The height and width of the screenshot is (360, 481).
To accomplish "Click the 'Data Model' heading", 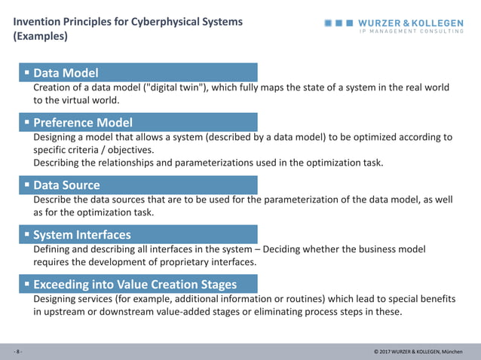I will pyautogui.click(x=66, y=73).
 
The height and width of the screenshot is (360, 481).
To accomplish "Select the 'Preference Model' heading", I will pyautogui.click(x=83, y=123).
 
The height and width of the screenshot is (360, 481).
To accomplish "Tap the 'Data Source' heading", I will pyautogui.click(x=66, y=185).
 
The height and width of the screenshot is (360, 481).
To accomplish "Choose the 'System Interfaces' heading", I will pyautogui.click(x=82, y=235).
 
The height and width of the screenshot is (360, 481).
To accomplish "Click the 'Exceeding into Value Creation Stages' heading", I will pyautogui.click(x=135, y=285).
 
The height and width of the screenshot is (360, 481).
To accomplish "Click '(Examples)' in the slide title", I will pyautogui.click(x=40, y=36).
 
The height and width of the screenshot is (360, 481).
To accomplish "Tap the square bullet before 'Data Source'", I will pyautogui.click(x=26, y=185).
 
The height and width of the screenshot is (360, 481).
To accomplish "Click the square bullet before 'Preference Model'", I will pyautogui.click(x=26, y=121).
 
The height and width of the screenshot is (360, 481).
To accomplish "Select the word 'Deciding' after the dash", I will pyautogui.click(x=286, y=249).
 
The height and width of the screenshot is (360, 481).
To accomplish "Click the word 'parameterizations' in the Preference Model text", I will pyautogui.click(x=225, y=163).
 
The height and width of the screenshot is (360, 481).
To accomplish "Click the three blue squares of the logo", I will pyautogui.click(x=339, y=23).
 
